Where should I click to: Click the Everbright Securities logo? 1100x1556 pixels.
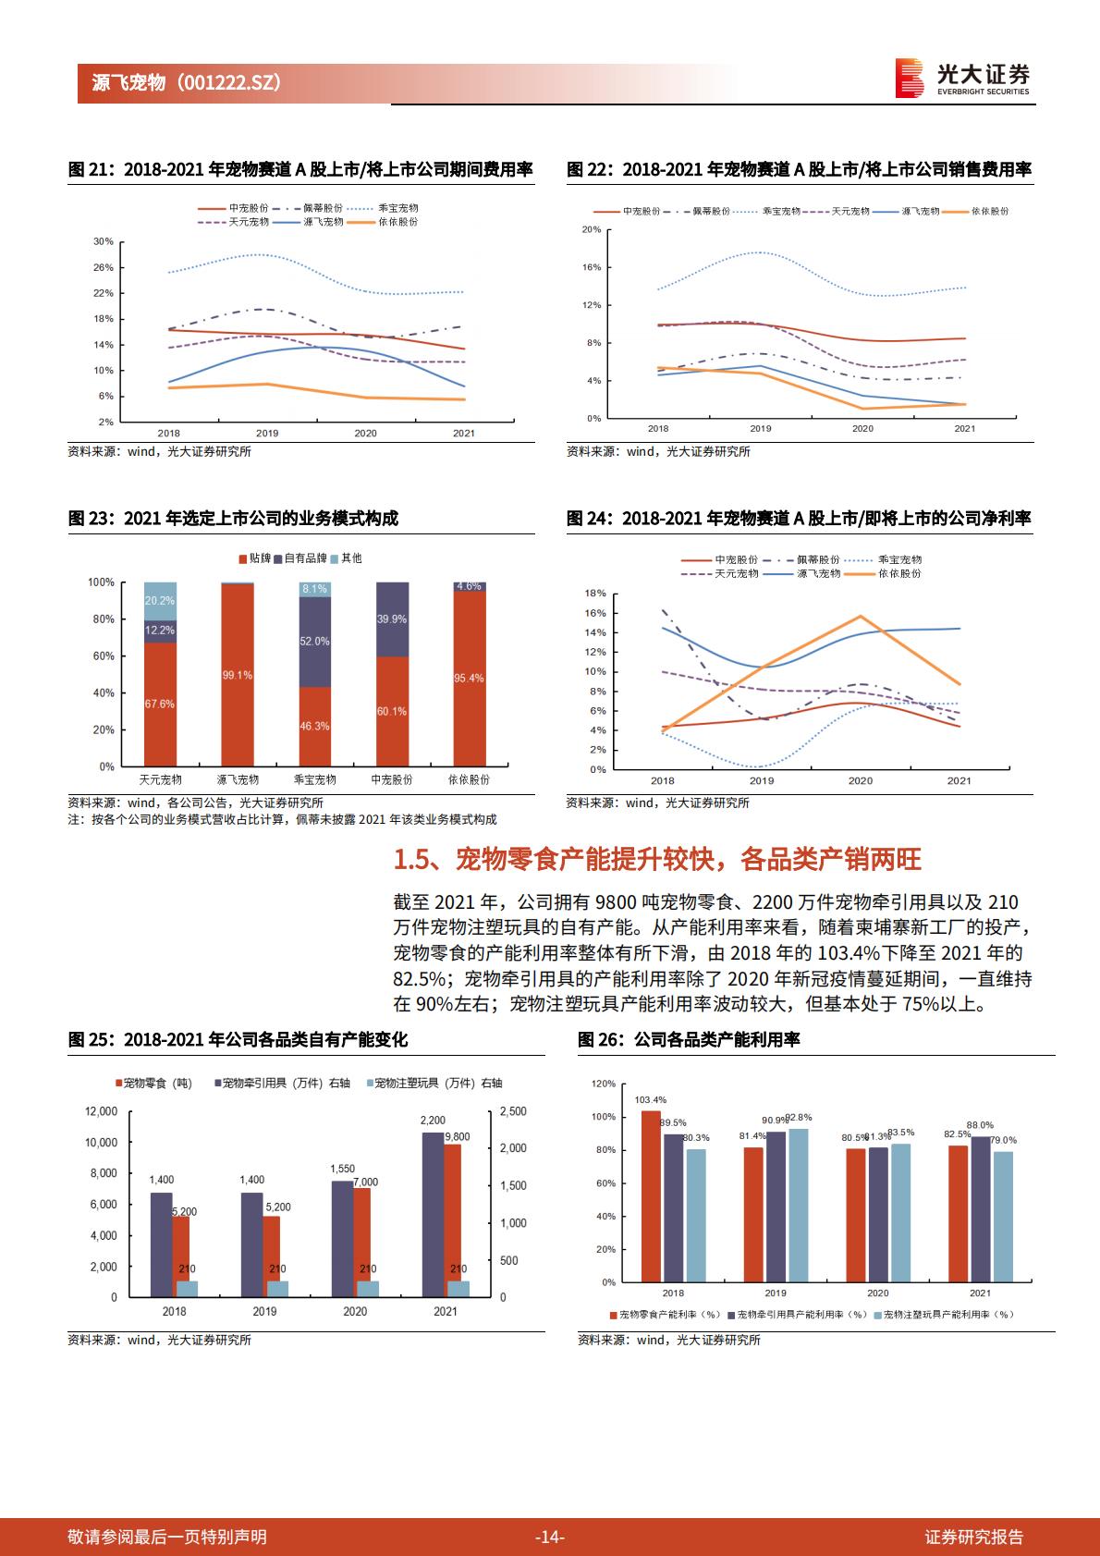coord(962,78)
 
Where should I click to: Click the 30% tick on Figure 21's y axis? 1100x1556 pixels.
coord(104,241)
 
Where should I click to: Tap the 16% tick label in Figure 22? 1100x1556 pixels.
coord(592,267)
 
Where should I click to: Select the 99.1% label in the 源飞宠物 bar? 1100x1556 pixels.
coord(238,675)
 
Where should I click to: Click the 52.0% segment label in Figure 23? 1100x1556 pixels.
coord(314,641)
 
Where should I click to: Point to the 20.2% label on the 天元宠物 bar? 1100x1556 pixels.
coord(160,601)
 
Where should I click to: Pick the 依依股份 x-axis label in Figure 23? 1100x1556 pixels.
coord(469,779)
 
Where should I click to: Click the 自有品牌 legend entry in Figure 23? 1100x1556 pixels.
coord(300,558)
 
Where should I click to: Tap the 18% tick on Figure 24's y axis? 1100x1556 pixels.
coord(596,594)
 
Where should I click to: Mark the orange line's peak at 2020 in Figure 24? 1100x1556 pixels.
coord(862,616)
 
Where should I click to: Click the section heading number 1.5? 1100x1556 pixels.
coord(411,860)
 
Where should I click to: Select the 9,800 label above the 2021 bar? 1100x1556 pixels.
coord(458,1136)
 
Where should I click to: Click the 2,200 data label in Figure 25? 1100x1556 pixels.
coord(433,1120)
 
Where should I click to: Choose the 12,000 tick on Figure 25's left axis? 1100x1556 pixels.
coord(102,1111)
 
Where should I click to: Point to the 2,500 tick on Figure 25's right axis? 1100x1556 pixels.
coord(513,1111)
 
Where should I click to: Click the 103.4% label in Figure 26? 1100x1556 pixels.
coord(650,1099)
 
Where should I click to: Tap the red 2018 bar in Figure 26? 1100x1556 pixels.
coord(651,1196)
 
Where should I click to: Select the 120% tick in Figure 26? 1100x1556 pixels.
coord(604,1084)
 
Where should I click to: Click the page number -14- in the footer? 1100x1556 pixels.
coord(549,1537)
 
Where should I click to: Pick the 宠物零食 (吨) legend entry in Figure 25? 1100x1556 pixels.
coord(153,1083)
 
